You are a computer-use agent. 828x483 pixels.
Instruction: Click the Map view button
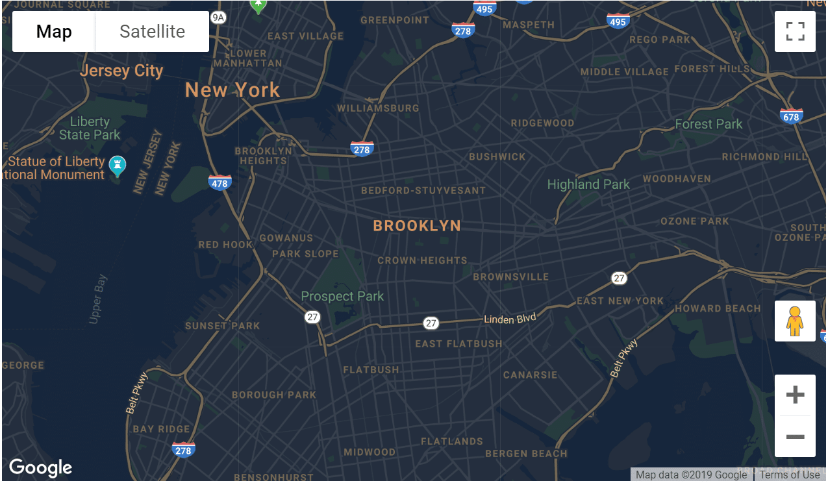(x=54, y=32)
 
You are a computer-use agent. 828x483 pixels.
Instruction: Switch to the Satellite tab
(x=152, y=32)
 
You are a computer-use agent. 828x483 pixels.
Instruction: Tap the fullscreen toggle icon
(x=795, y=32)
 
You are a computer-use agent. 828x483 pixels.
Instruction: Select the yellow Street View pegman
(x=795, y=321)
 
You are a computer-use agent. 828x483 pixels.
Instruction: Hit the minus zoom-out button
(x=795, y=436)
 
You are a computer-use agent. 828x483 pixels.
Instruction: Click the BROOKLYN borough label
(x=417, y=226)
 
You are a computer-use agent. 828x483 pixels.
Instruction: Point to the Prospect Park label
(x=342, y=297)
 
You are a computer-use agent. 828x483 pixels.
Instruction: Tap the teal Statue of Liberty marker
(x=118, y=166)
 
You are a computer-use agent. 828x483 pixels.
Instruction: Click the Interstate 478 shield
(x=220, y=182)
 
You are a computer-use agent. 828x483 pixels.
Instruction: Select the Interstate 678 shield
(x=791, y=116)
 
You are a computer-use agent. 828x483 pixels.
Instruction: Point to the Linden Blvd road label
(x=510, y=319)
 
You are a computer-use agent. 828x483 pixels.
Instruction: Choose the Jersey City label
(x=121, y=71)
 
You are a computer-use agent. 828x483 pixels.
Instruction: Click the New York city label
(x=232, y=90)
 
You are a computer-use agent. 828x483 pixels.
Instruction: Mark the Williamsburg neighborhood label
(x=378, y=108)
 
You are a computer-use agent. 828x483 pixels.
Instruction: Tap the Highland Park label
(x=588, y=184)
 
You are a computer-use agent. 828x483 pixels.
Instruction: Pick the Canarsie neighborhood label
(x=530, y=375)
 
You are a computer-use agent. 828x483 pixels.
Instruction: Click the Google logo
(x=40, y=467)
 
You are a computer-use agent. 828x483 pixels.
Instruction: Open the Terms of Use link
(x=790, y=475)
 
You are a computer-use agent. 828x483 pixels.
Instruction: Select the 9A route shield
(x=219, y=18)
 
